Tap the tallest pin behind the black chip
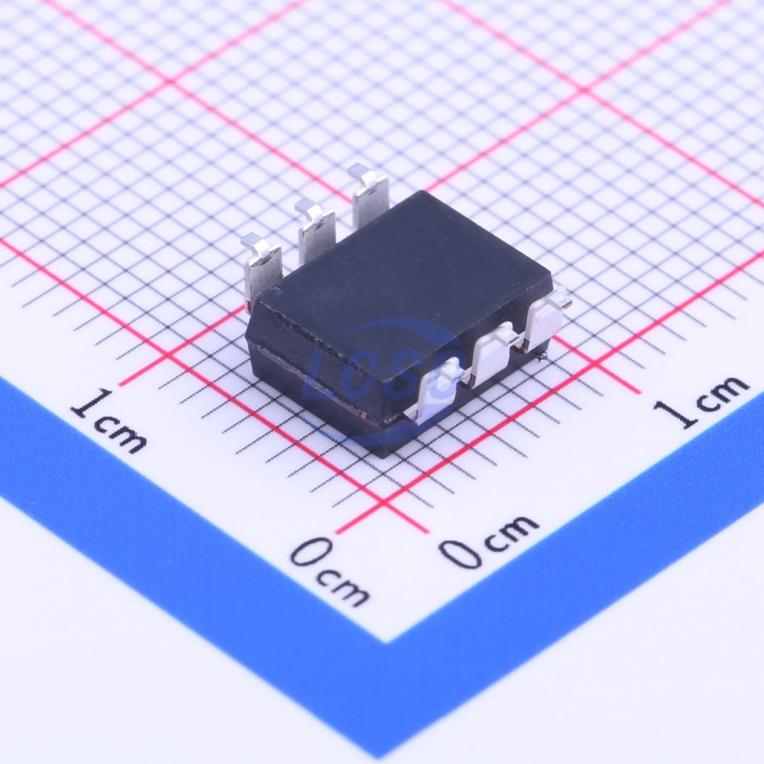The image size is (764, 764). (369, 194)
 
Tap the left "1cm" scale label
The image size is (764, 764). (108, 420)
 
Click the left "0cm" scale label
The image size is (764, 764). (329, 570)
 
